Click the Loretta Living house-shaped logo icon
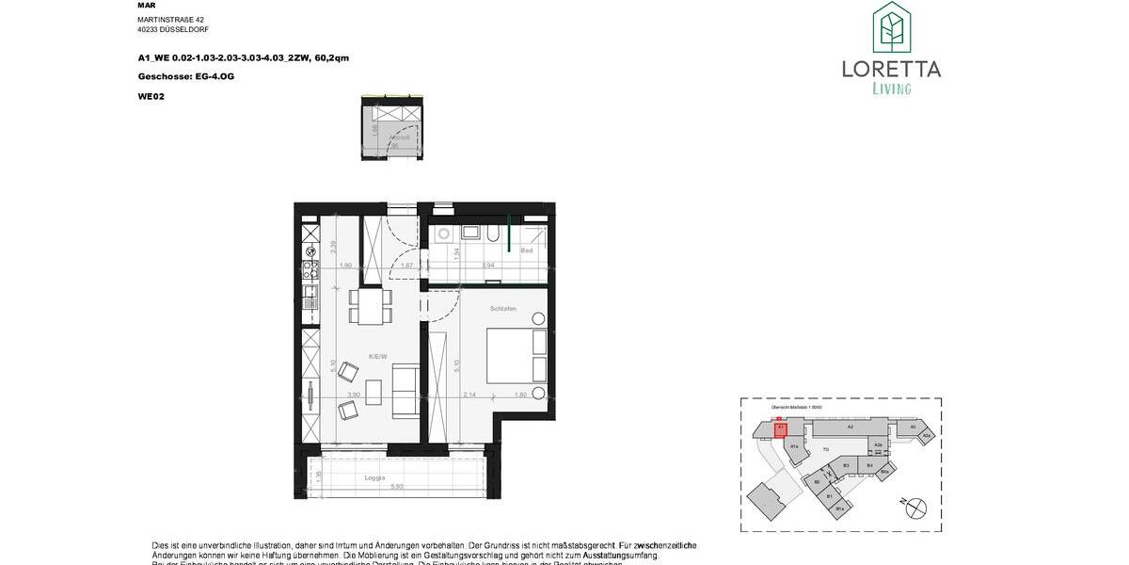coord(891,28)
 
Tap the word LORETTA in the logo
coord(891,69)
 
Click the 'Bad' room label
coord(527,250)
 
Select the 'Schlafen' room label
coord(502,308)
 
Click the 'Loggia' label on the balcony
coord(375,478)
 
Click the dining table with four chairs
coord(370,305)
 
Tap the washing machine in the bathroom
coord(443,234)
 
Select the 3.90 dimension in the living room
coord(356,395)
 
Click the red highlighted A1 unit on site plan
coord(780,429)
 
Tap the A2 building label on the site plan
coord(849,427)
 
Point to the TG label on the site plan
coord(826,450)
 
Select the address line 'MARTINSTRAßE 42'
coord(170,19)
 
